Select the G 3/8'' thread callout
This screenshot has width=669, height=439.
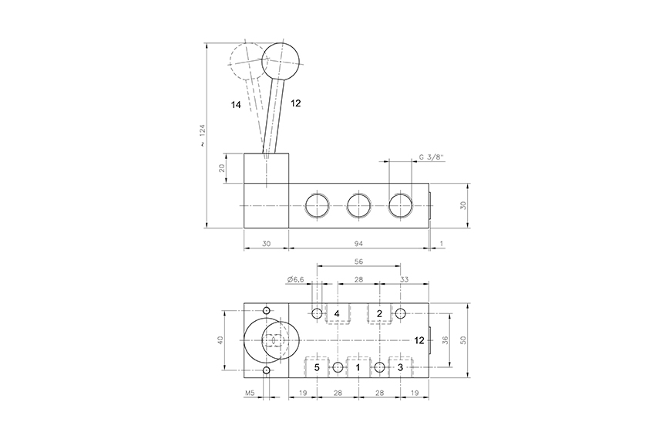[x=432, y=157]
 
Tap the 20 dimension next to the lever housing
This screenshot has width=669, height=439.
[x=222, y=168]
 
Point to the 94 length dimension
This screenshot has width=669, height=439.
[x=358, y=243]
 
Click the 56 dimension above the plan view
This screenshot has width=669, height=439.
[x=358, y=262]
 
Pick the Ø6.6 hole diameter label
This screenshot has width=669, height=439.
[x=296, y=279]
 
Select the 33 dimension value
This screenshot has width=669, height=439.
[x=404, y=279]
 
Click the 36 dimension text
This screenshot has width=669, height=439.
[x=445, y=340]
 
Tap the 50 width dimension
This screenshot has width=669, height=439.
[x=463, y=340]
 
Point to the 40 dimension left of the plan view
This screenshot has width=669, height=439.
[x=220, y=340]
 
